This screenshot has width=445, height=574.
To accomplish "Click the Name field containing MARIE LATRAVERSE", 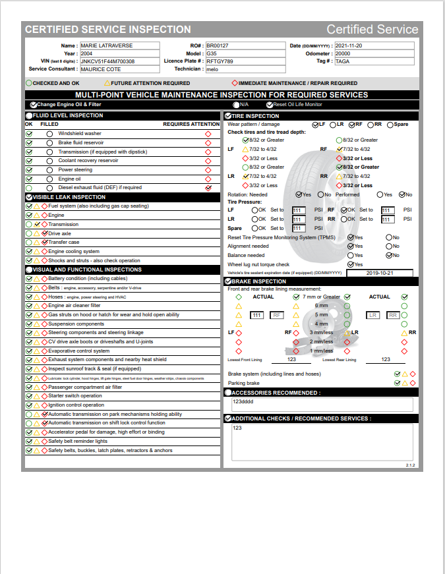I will [x=119, y=45].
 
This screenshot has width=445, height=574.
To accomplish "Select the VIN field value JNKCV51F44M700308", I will [x=119, y=61].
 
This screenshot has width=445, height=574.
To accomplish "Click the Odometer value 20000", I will [x=374, y=53].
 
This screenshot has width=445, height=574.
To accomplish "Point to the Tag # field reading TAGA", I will [x=374, y=61].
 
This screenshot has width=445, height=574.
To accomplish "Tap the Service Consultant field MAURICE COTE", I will [x=119, y=69].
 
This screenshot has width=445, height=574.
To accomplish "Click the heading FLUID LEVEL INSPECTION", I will [x=68, y=115].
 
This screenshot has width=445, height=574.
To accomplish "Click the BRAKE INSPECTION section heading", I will [x=258, y=281].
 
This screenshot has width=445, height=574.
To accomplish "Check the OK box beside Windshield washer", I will [x=29, y=134].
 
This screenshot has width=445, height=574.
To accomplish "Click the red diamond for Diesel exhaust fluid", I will [x=208, y=188].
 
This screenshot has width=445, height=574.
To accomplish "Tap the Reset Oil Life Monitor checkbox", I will [x=270, y=105].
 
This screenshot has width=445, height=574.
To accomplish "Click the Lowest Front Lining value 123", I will [x=292, y=359].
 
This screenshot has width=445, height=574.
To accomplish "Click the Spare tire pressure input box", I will [x=299, y=229].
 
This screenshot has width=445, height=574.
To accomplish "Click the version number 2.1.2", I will [x=410, y=466].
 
